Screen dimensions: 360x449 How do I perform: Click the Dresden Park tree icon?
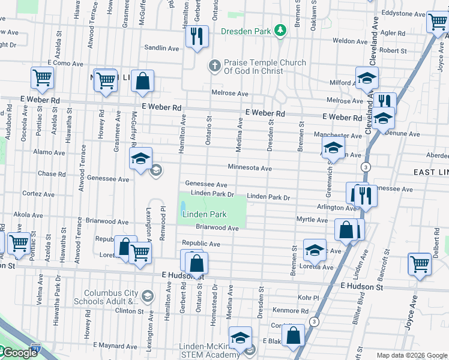coord(279,30)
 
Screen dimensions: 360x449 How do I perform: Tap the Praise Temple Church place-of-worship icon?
coord(215,66)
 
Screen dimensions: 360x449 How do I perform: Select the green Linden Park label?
coord(204,214)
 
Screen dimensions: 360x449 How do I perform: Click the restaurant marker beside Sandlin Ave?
coord(196,37)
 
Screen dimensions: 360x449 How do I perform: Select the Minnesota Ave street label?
coord(249,168)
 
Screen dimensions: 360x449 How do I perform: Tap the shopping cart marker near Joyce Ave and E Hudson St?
coord(420,263)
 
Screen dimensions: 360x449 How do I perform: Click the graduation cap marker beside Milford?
coord(367,78)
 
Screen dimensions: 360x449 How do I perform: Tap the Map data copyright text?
coord(411,355)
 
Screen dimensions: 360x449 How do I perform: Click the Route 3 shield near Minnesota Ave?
coord(365,166)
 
